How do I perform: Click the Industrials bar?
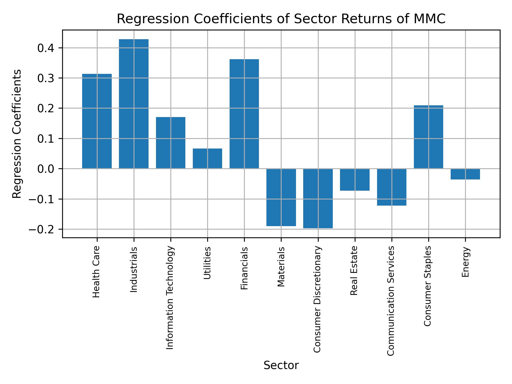pos(134,104)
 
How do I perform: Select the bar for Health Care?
pos(97,121)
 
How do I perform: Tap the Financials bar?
pos(244,114)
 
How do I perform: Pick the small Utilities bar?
pos(207,158)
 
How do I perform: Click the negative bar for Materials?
pos(281,197)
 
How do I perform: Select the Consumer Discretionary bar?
pos(318,198)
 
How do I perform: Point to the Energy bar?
pos(465,174)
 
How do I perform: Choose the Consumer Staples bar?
pos(428,137)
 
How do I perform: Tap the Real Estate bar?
pos(355,180)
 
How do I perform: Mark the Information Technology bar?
pos(170,143)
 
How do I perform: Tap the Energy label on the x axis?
pos(465,262)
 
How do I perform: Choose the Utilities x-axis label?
pos(207,263)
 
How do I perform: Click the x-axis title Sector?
pos(281,365)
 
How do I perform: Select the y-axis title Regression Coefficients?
pos(17,134)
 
